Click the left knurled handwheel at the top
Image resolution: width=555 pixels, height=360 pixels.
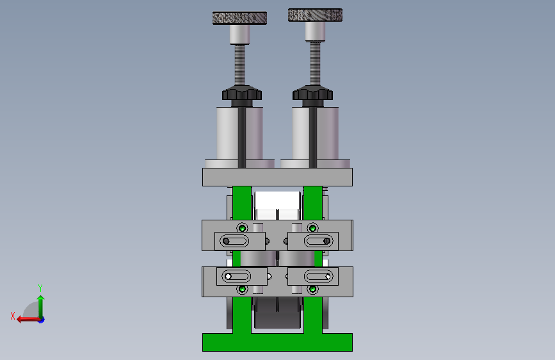[239, 18]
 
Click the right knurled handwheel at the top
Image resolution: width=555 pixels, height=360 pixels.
[315, 15]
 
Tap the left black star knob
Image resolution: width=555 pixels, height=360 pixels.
[242, 93]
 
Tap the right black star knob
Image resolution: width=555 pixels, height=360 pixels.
[312, 93]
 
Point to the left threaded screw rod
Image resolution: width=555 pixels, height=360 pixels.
[239, 65]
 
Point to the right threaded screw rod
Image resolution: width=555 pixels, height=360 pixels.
[315, 63]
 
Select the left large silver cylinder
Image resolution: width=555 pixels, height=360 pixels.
[239, 133]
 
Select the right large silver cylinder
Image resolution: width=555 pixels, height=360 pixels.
[315, 133]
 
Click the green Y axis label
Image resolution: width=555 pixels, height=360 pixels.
[40, 288]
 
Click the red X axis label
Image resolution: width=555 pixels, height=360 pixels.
[13, 316]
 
